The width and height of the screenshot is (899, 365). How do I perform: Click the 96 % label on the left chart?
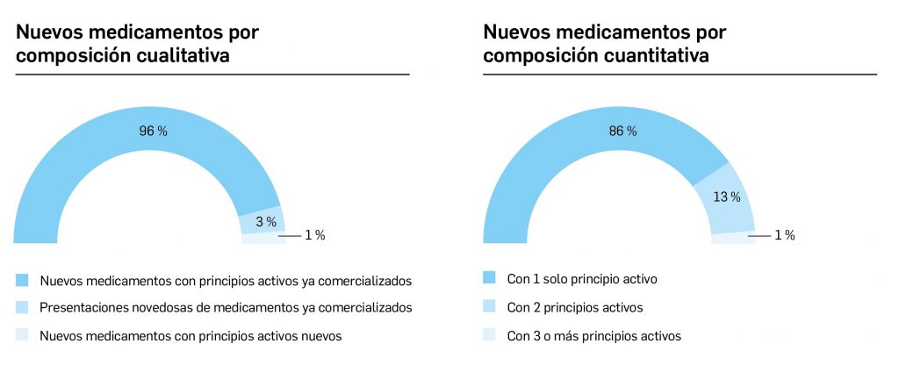(153, 131)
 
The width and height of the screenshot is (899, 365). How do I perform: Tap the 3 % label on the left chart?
(265, 221)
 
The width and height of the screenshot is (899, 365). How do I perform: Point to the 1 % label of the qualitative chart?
(314, 235)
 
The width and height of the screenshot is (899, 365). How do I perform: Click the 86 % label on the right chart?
(622, 131)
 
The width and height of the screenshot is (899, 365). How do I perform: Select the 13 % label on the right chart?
(726, 197)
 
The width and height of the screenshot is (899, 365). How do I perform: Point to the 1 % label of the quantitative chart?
(784, 235)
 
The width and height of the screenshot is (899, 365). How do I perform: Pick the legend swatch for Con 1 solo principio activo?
(490, 278)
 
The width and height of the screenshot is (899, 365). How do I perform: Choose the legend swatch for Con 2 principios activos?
(490, 307)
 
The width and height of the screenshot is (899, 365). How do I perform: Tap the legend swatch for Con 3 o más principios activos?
(490, 335)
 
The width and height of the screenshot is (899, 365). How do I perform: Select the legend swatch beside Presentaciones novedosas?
(22, 307)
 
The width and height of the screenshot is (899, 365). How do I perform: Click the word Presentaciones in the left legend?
(80, 307)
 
